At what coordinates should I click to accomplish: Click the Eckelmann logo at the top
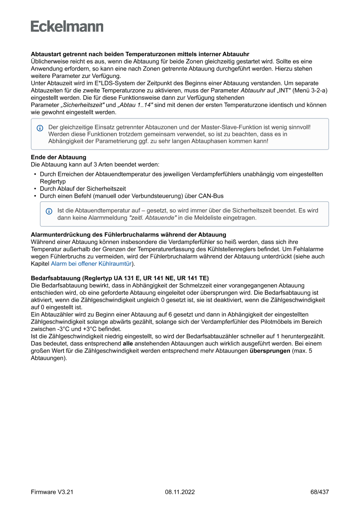(67, 27)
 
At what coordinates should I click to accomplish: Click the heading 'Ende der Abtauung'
(58, 157)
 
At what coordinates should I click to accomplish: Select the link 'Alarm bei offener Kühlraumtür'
(91, 263)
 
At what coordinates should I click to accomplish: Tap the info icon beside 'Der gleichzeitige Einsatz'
(40, 128)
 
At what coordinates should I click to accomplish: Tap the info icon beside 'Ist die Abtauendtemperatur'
(49, 211)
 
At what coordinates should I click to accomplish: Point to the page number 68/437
(320, 492)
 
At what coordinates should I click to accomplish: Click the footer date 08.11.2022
(180, 492)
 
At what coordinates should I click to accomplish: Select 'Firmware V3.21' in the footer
(52, 492)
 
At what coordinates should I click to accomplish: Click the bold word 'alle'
(128, 343)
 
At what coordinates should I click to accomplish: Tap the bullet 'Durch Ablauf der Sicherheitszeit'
(83, 189)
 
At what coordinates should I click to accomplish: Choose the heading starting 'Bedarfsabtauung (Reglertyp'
(120, 278)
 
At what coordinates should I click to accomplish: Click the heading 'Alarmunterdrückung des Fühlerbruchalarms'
(128, 235)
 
